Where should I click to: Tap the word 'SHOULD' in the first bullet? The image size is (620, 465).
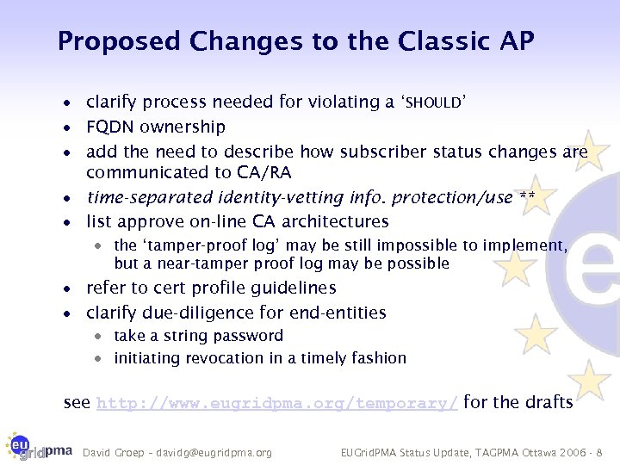[x=433, y=103]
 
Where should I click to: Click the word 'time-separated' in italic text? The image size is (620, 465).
[x=140, y=198]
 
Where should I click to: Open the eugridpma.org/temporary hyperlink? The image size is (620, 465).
[x=277, y=402]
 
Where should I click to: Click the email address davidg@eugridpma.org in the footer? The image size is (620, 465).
[x=220, y=452]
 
